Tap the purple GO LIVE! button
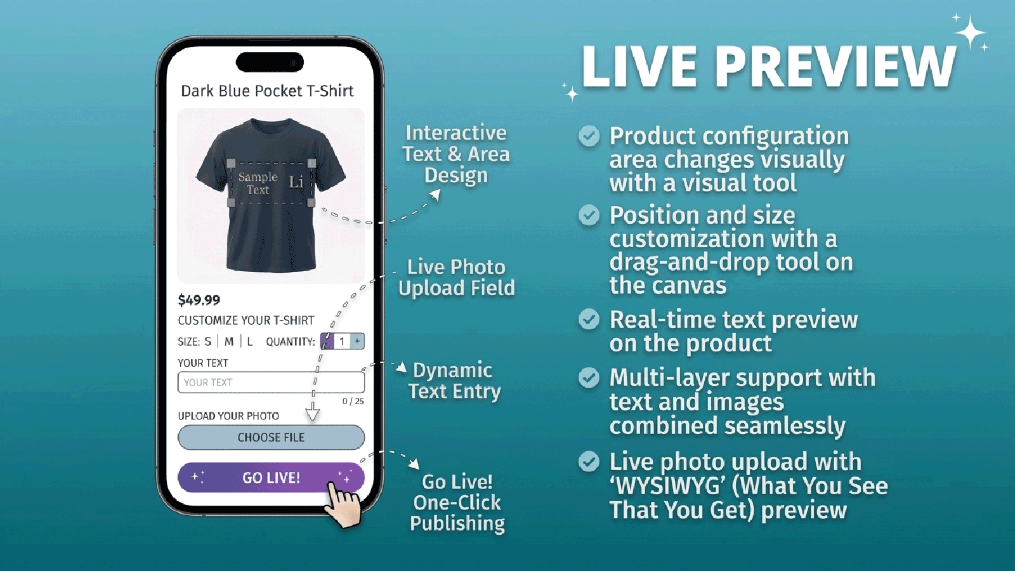click(271, 477)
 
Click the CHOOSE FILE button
click(271, 437)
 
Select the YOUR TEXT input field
click(271, 382)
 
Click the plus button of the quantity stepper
click(358, 341)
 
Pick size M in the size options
click(229, 341)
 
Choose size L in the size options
click(250, 341)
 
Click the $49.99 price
click(199, 300)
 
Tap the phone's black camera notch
click(270, 62)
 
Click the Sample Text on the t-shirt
click(258, 183)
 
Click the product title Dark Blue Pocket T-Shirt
click(267, 91)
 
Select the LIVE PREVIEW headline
click(769, 67)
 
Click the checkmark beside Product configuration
click(589, 136)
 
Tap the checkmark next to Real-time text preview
click(589, 320)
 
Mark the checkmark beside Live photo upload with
click(589, 461)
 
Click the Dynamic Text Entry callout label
click(454, 381)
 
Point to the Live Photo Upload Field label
click(456, 277)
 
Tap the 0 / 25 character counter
click(353, 401)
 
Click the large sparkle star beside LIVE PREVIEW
click(971, 32)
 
